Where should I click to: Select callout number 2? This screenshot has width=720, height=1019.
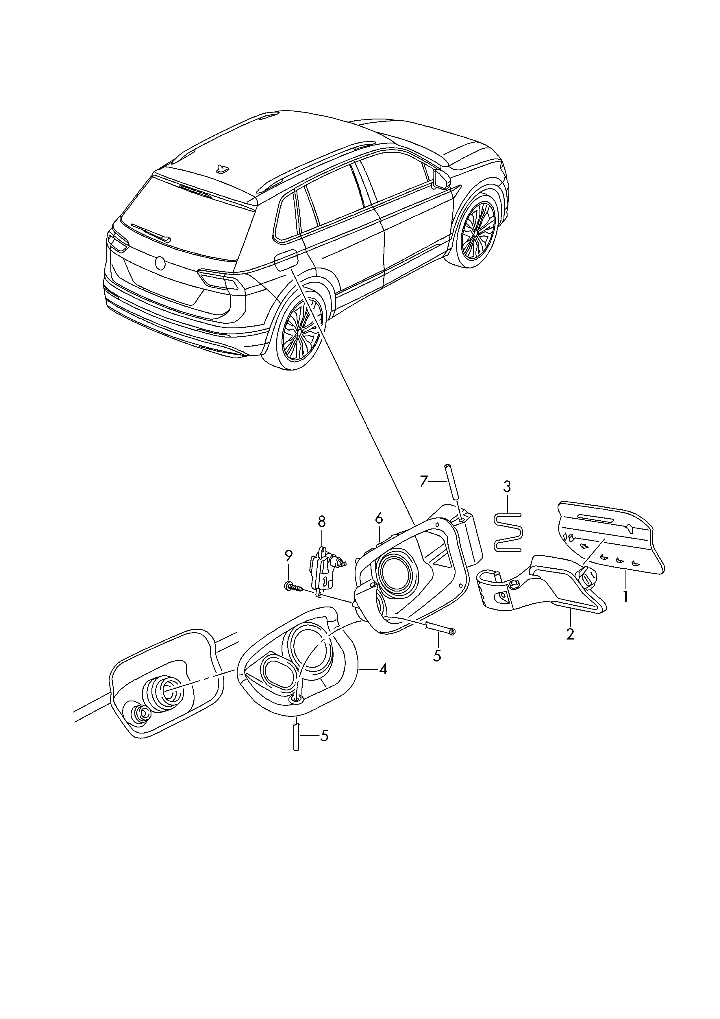(570, 633)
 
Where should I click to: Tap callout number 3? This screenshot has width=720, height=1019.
(507, 487)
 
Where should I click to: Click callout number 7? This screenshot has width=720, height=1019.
(424, 481)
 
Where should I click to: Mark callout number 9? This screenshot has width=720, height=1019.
(288, 555)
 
